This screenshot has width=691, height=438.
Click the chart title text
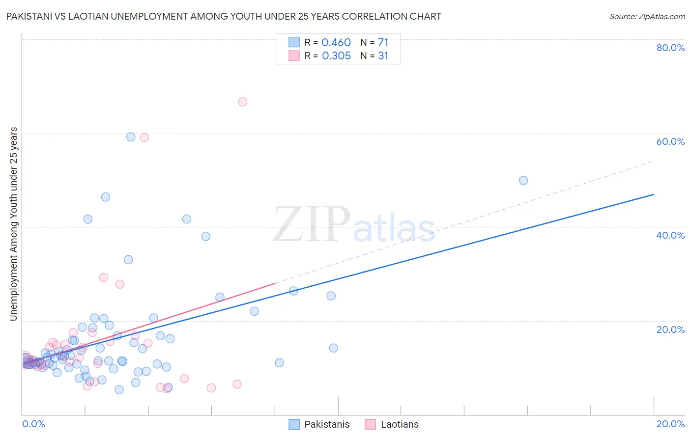[224, 16]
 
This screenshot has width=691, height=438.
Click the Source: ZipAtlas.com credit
[647, 16]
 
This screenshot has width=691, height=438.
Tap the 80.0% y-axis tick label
[670, 48]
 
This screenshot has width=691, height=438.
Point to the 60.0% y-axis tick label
[670, 141]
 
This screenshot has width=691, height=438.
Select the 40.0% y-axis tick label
[670, 235]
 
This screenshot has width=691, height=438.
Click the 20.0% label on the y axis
[670, 329]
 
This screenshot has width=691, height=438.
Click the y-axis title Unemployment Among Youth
[14, 224]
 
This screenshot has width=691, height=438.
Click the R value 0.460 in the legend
[336, 43]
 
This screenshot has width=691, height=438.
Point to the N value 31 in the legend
[383, 56]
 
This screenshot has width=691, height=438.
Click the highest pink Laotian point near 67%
[242, 102]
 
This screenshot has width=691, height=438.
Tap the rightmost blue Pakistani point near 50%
[523, 180]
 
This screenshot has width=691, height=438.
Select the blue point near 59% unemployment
[131, 137]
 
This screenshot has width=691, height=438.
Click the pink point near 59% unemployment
[144, 137]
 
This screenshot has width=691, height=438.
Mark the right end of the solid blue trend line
[654, 194]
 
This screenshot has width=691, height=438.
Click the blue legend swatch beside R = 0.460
[294, 42]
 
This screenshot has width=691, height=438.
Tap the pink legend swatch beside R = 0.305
[294, 55]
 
